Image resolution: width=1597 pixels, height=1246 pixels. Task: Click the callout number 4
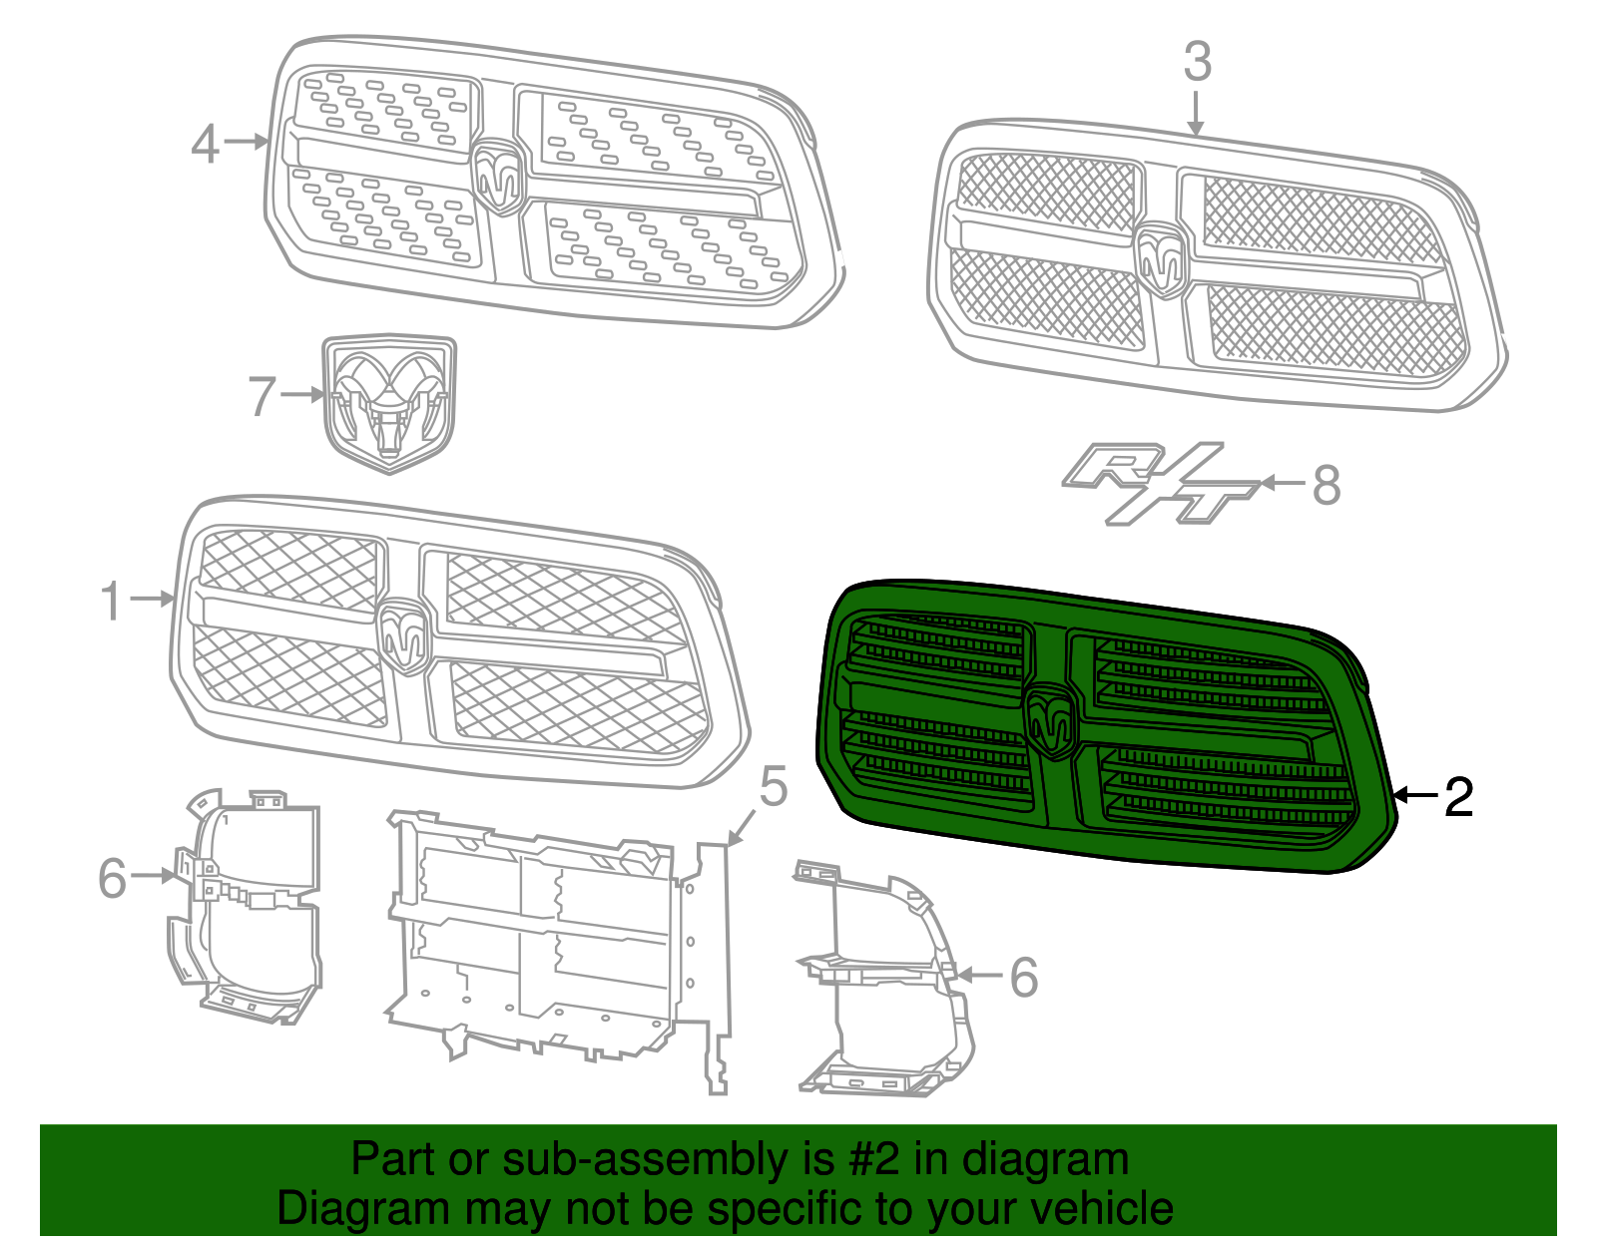click(205, 145)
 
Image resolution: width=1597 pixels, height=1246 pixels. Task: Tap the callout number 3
click(1198, 62)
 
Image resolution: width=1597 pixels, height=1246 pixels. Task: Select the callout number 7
click(262, 396)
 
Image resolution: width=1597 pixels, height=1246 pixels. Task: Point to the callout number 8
click(1326, 486)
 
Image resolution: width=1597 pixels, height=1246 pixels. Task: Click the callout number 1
click(112, 602)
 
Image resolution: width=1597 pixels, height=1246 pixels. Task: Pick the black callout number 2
click(1458, 797)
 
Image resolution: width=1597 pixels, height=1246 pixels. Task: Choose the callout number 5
click(774, 787)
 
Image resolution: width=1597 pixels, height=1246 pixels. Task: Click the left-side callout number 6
click(113, 879)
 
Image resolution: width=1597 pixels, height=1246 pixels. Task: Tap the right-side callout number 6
click(1024, 977)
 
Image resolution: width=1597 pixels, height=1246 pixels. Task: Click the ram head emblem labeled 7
click(389, 404)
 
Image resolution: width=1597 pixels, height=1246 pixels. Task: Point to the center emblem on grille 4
click(498, 177)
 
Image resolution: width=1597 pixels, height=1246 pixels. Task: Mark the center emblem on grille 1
click(404, 635)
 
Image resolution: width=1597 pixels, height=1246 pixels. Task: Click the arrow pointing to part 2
click(1415, 795)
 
